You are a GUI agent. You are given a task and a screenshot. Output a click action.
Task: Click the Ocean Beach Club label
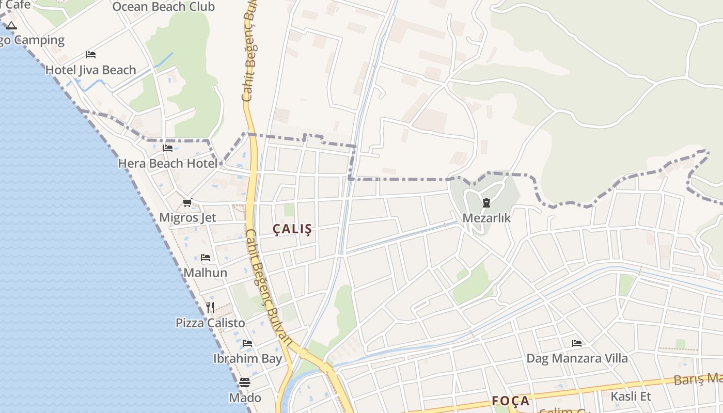point(163,7)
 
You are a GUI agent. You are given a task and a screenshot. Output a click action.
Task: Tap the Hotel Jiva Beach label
point(91,70)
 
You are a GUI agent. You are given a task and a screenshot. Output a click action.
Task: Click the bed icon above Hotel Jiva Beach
point(91,55)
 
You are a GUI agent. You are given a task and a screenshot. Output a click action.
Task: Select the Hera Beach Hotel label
point(168,163)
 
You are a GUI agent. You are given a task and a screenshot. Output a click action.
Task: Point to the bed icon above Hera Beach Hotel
point(168,148)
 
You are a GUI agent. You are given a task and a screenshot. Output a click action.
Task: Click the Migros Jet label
point(187,217)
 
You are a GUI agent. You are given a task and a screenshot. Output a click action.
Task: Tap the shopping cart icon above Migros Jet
point(187,203)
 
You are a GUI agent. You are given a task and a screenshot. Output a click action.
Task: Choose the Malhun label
point(206,272)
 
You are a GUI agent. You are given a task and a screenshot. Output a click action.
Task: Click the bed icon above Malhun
point(206,258)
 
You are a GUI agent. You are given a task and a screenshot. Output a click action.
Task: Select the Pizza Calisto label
point(210,323)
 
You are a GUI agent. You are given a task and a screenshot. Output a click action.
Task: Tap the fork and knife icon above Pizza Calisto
point(210,308)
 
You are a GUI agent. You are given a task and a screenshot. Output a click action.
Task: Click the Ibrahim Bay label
point(247,358)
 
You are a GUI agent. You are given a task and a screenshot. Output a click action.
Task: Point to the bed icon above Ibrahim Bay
point(247,343)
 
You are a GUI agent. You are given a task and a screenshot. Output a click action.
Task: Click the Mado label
point(245,398)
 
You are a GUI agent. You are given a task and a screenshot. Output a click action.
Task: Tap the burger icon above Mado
point(245,383)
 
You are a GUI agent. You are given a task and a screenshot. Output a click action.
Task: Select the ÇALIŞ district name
point(292,229)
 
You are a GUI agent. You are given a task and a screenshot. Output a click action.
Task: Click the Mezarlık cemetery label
point(486,218)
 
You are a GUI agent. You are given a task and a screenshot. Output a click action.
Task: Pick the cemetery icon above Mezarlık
point(486,203)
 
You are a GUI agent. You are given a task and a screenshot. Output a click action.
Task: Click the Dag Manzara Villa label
point(577,358)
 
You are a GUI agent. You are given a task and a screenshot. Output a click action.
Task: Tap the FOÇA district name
point(510,401)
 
